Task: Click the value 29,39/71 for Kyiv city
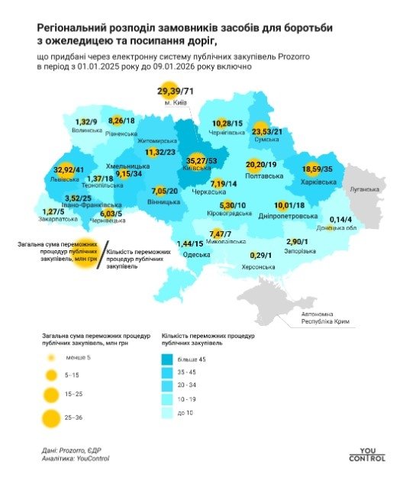(177, 92)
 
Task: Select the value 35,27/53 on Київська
(201, 161)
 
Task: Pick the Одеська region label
(198, 253)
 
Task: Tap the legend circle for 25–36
(51, 417)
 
